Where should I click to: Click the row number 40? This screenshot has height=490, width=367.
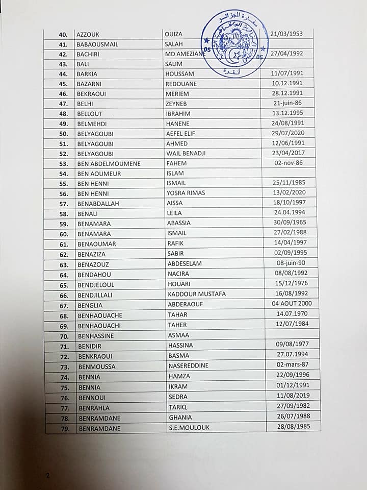pos(64,35)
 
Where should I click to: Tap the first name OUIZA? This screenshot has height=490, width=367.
pos(173,34)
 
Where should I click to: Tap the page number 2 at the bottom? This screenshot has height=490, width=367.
pos(48,475)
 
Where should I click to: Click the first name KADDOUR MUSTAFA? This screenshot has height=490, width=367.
pos(197,294)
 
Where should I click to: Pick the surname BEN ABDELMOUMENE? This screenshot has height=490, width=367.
pos(109,164)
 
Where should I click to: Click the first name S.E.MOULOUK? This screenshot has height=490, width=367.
pos(189,427)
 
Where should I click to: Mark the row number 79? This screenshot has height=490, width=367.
pos(64,428)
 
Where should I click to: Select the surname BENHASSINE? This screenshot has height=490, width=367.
pos(96,336)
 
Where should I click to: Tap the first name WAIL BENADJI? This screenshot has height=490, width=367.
pos(187,154)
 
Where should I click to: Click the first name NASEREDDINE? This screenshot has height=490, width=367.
pos(189,366)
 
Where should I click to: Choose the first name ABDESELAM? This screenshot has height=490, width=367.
pos(185,264)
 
